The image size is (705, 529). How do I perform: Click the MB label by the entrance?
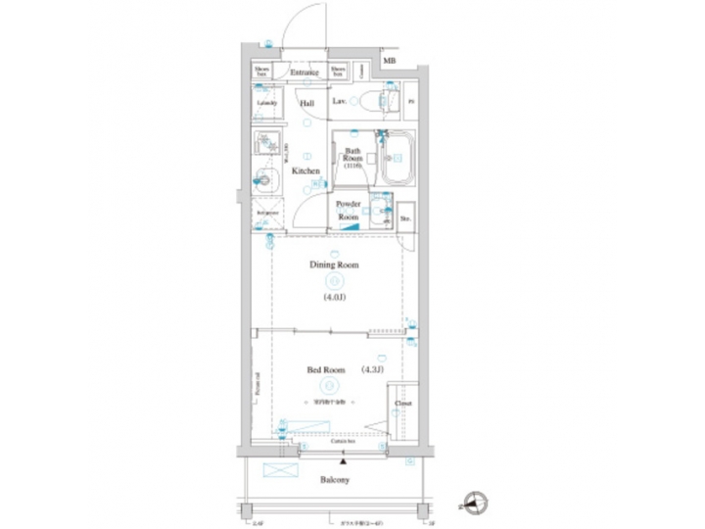390,62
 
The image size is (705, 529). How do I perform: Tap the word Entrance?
304,72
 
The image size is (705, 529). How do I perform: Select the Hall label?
306,102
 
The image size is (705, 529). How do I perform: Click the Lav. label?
339,102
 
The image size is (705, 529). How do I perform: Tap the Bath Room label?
352,158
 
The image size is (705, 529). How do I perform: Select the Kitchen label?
305,170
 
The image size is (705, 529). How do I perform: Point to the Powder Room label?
350,210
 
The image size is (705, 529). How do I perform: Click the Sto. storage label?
404,218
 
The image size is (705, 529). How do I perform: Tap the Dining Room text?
334,264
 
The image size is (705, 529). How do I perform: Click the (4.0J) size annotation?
334,297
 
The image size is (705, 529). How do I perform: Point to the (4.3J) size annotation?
373,369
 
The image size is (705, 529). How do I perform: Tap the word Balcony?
334,480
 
